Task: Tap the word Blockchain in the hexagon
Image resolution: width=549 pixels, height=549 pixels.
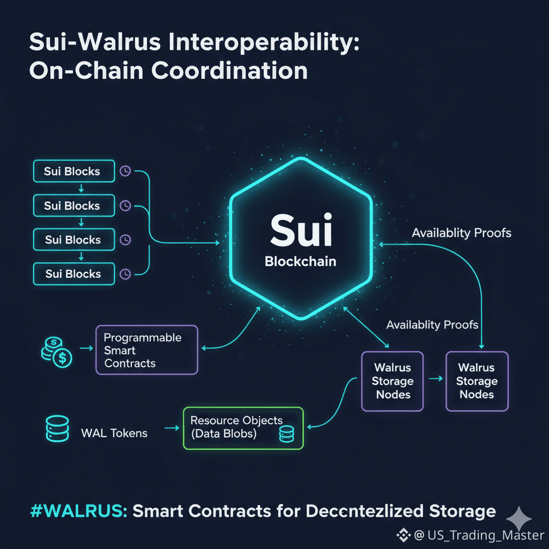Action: click(301, 262)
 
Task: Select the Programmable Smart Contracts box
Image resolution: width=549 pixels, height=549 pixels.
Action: click(146, 350)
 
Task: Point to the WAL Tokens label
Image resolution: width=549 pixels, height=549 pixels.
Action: click(114, 433)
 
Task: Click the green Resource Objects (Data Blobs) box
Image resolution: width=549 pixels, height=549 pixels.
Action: click(243, 427)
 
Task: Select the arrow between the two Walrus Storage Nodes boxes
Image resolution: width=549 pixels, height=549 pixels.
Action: click(435, 379)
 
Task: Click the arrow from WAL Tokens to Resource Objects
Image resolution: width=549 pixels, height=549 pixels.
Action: click(171, 428)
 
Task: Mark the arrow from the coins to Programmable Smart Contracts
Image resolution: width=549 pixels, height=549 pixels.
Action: click(85, 348)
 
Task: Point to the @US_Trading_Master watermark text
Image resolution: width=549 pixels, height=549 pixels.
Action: click(479, 535)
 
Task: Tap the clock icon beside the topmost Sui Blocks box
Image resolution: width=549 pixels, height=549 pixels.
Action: click(125, 171)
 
